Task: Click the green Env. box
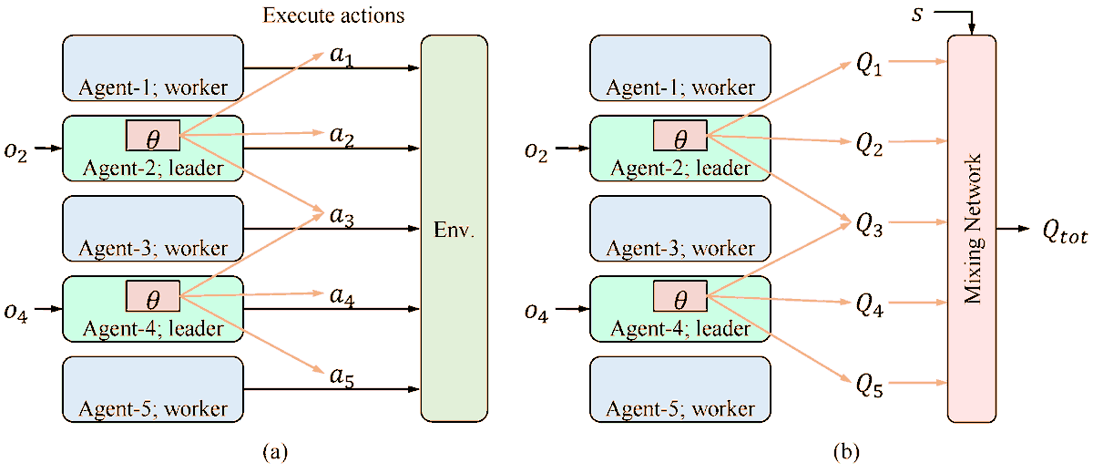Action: pos(454,228)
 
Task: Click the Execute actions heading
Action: pos(332,15)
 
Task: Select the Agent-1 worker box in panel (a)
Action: pos(153,68)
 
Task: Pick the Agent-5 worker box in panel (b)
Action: pos(680,388)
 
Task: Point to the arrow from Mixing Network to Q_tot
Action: pos(1014,228)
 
